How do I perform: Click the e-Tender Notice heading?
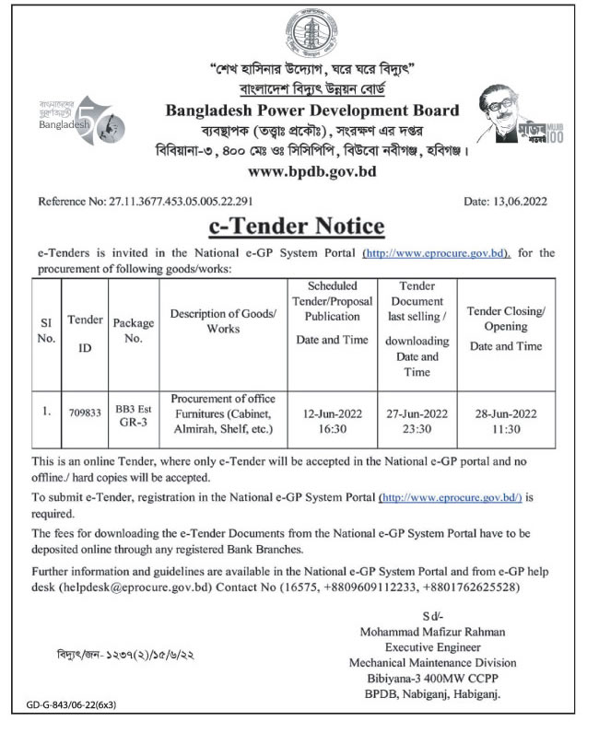tap(299, 226)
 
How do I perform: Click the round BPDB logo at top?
tap(299, 33)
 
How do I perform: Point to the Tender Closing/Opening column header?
tap(506, 329)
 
